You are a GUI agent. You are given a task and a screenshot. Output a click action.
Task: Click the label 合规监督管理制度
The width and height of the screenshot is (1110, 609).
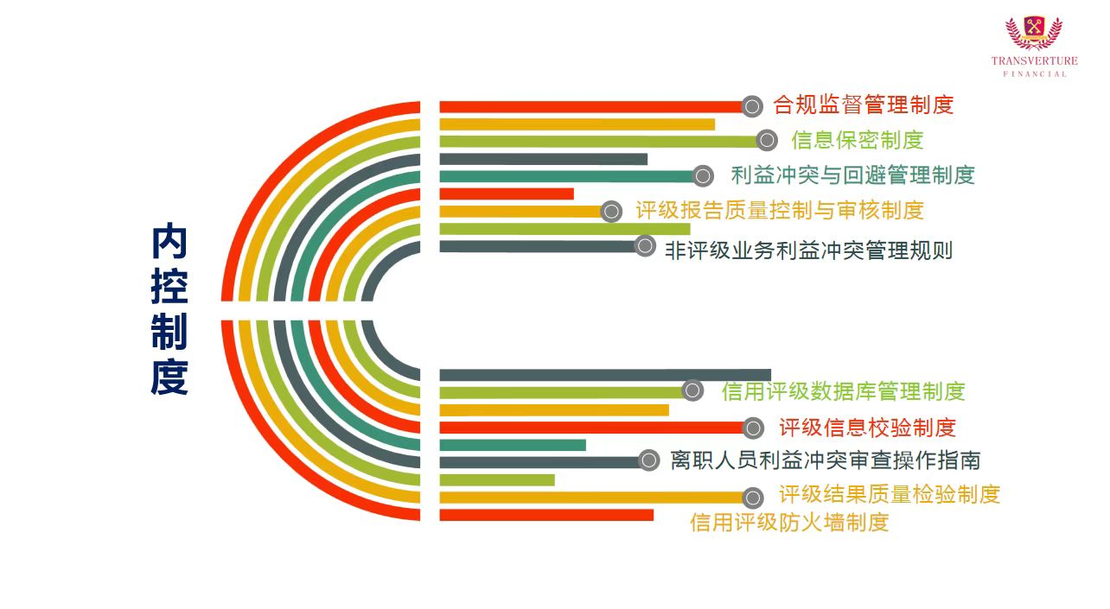[863, 105]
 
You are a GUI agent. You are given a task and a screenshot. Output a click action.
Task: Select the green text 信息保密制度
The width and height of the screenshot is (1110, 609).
[857, 140]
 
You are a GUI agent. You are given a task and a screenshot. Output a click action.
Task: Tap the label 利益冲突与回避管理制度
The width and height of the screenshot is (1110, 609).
[852, 175]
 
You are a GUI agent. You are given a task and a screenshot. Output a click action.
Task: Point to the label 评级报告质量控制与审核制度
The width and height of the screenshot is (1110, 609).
[780, 210]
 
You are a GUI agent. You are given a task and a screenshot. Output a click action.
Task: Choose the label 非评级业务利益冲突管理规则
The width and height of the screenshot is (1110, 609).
[808, 251]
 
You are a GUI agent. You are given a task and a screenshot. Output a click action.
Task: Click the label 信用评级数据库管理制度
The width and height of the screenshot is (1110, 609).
[843, 391]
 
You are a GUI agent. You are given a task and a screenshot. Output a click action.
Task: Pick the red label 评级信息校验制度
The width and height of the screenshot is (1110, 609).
[867, 427]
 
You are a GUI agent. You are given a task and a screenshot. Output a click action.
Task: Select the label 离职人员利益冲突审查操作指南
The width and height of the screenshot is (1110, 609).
[825, 460]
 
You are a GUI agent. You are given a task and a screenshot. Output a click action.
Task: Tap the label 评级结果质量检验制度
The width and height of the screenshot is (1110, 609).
[889, 494]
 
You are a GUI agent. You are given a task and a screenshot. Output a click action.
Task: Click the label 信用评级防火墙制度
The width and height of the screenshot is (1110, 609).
[788, 522]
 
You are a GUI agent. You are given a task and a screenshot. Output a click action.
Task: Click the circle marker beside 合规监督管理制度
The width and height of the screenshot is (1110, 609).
[752, 106]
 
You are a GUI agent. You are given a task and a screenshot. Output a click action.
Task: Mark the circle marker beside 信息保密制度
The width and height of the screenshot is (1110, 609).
[766, 141]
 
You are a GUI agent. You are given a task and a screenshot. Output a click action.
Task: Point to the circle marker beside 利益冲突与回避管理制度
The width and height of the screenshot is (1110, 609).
[703, 176]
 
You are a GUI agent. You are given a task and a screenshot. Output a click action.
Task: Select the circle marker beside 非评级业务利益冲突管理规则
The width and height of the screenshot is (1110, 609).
[644, 246]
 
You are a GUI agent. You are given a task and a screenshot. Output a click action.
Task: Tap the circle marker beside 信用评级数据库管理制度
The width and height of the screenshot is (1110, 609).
[692, 390]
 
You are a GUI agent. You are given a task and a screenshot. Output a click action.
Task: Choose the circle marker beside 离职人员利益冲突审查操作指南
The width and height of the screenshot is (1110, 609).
[648, 460]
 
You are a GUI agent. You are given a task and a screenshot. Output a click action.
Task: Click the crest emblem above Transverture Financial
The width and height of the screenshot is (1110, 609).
[1034, 33]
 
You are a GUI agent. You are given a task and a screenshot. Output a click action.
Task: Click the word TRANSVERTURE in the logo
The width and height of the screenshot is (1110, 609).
[1035, 61]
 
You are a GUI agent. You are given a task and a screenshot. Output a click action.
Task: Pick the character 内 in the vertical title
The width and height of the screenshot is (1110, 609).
[169, 243]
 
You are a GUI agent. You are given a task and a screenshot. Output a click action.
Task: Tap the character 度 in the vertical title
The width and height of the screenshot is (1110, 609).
[169, 377]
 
